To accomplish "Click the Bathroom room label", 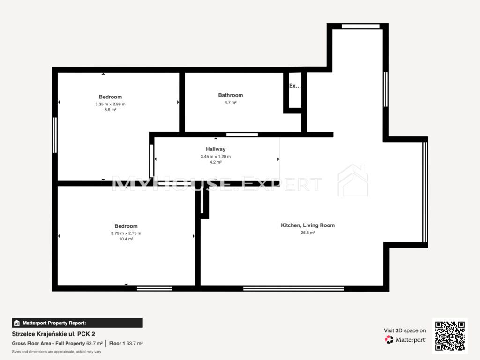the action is click(x=231, y=95).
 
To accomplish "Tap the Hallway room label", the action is click(x=216, y=149).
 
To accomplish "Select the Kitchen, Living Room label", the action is click(x=307, y=225).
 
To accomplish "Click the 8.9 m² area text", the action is click(x=110, y=110).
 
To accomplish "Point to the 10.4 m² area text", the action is click(x=126, y=239).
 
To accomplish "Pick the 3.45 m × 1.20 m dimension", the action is click(x=216, y=157).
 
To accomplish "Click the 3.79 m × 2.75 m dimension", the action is click(x=126, y=233).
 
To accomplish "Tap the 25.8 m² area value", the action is click(x=307, y=232).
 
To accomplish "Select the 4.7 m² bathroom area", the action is click(x=231, y=103).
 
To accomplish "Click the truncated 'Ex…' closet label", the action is click(x=295, y=86).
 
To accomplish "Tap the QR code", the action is click(x=450, y=336).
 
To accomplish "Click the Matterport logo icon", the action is click(x=389, y=339).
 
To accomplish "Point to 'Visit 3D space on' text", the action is click(x=405, y=330).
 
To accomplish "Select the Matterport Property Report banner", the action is click(x=77, y=323).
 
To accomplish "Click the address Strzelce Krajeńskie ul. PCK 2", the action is click(x=53, y=334).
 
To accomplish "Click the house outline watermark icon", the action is click(x=352, y=180).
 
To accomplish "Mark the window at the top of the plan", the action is click(x=360, y=26).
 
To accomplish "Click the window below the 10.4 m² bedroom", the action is click(x=154, y=288).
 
